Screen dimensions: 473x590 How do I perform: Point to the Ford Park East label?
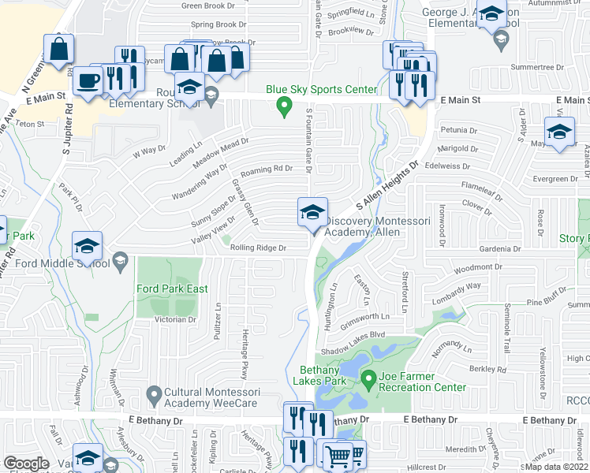pos(172,289)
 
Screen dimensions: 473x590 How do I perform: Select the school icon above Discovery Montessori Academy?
pos(312,211)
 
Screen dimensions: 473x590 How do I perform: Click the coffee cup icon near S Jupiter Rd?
pos(88,80)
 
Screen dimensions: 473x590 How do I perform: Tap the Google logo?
pos(26,464)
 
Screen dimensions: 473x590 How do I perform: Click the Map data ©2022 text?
pos(558,467)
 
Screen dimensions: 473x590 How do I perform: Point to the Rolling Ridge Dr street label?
pos(257,248)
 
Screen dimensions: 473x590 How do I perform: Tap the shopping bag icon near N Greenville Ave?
pos(58,49)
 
